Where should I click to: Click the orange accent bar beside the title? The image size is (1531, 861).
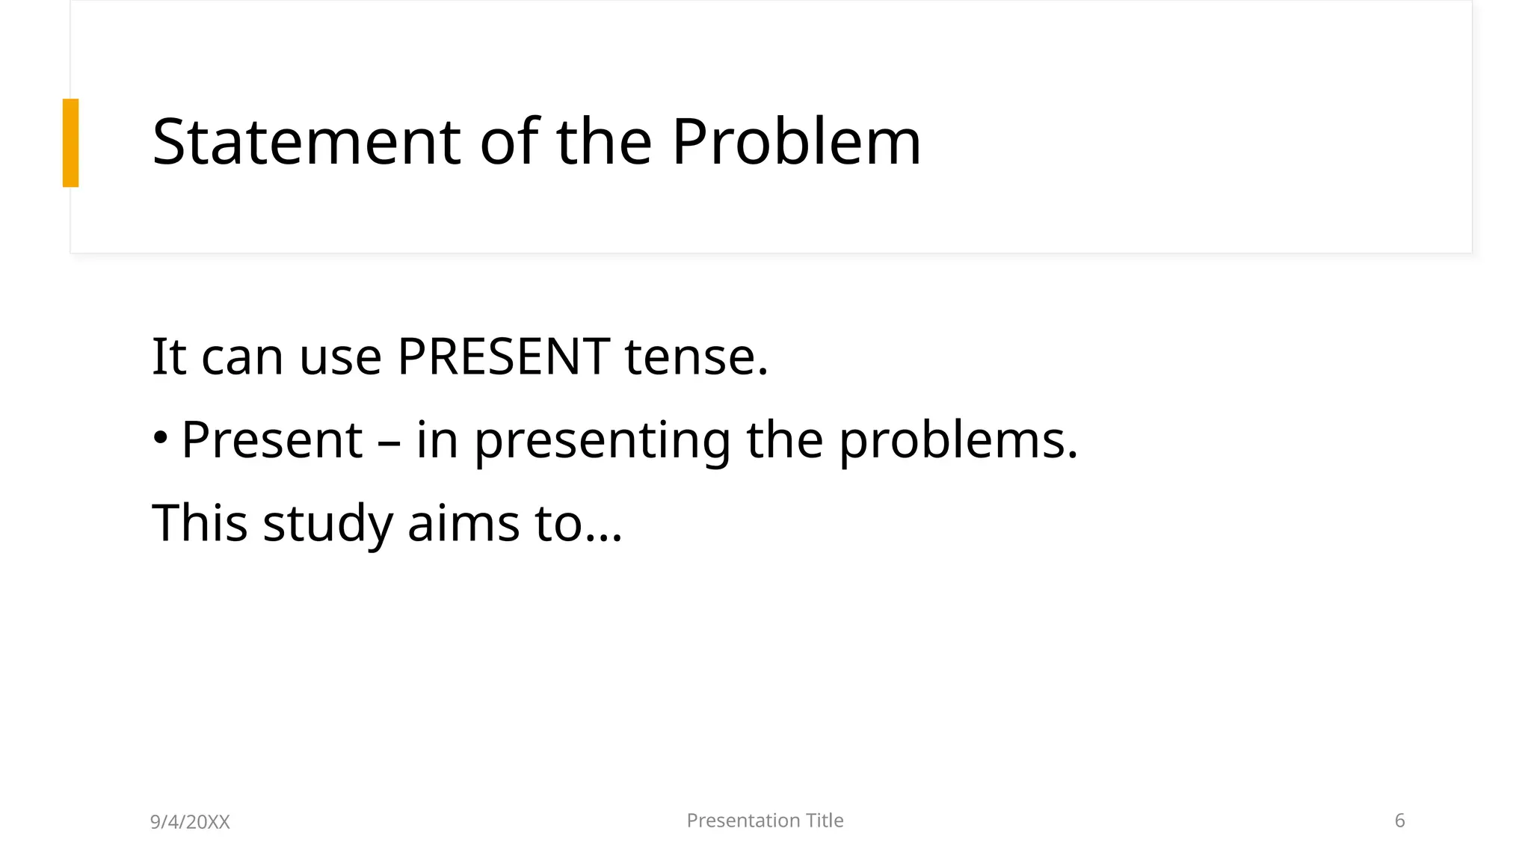[x=70, y=143]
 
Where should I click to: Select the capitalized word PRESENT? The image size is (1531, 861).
[x=503, y=357]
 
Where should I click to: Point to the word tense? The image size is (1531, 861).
[x=696, y=357]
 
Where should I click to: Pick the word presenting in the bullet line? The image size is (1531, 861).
[x=602, y=441]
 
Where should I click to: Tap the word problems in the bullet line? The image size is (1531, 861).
[x=958, y=441]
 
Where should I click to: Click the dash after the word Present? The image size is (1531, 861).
[x=389, y=441]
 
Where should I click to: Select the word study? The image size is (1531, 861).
[x=327, y=524]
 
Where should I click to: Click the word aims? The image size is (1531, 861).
[x=463, y=522]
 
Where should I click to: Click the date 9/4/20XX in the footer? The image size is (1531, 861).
[x=190, y=822]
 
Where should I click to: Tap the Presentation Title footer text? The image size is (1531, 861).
[x=765, y=821]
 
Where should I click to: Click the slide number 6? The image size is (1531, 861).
[x=1399, y=821]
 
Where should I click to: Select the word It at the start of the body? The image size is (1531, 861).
[x=169, y=357]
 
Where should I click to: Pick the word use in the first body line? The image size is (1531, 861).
[x=341, y=358]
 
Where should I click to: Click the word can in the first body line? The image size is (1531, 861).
[x=242, y=358]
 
